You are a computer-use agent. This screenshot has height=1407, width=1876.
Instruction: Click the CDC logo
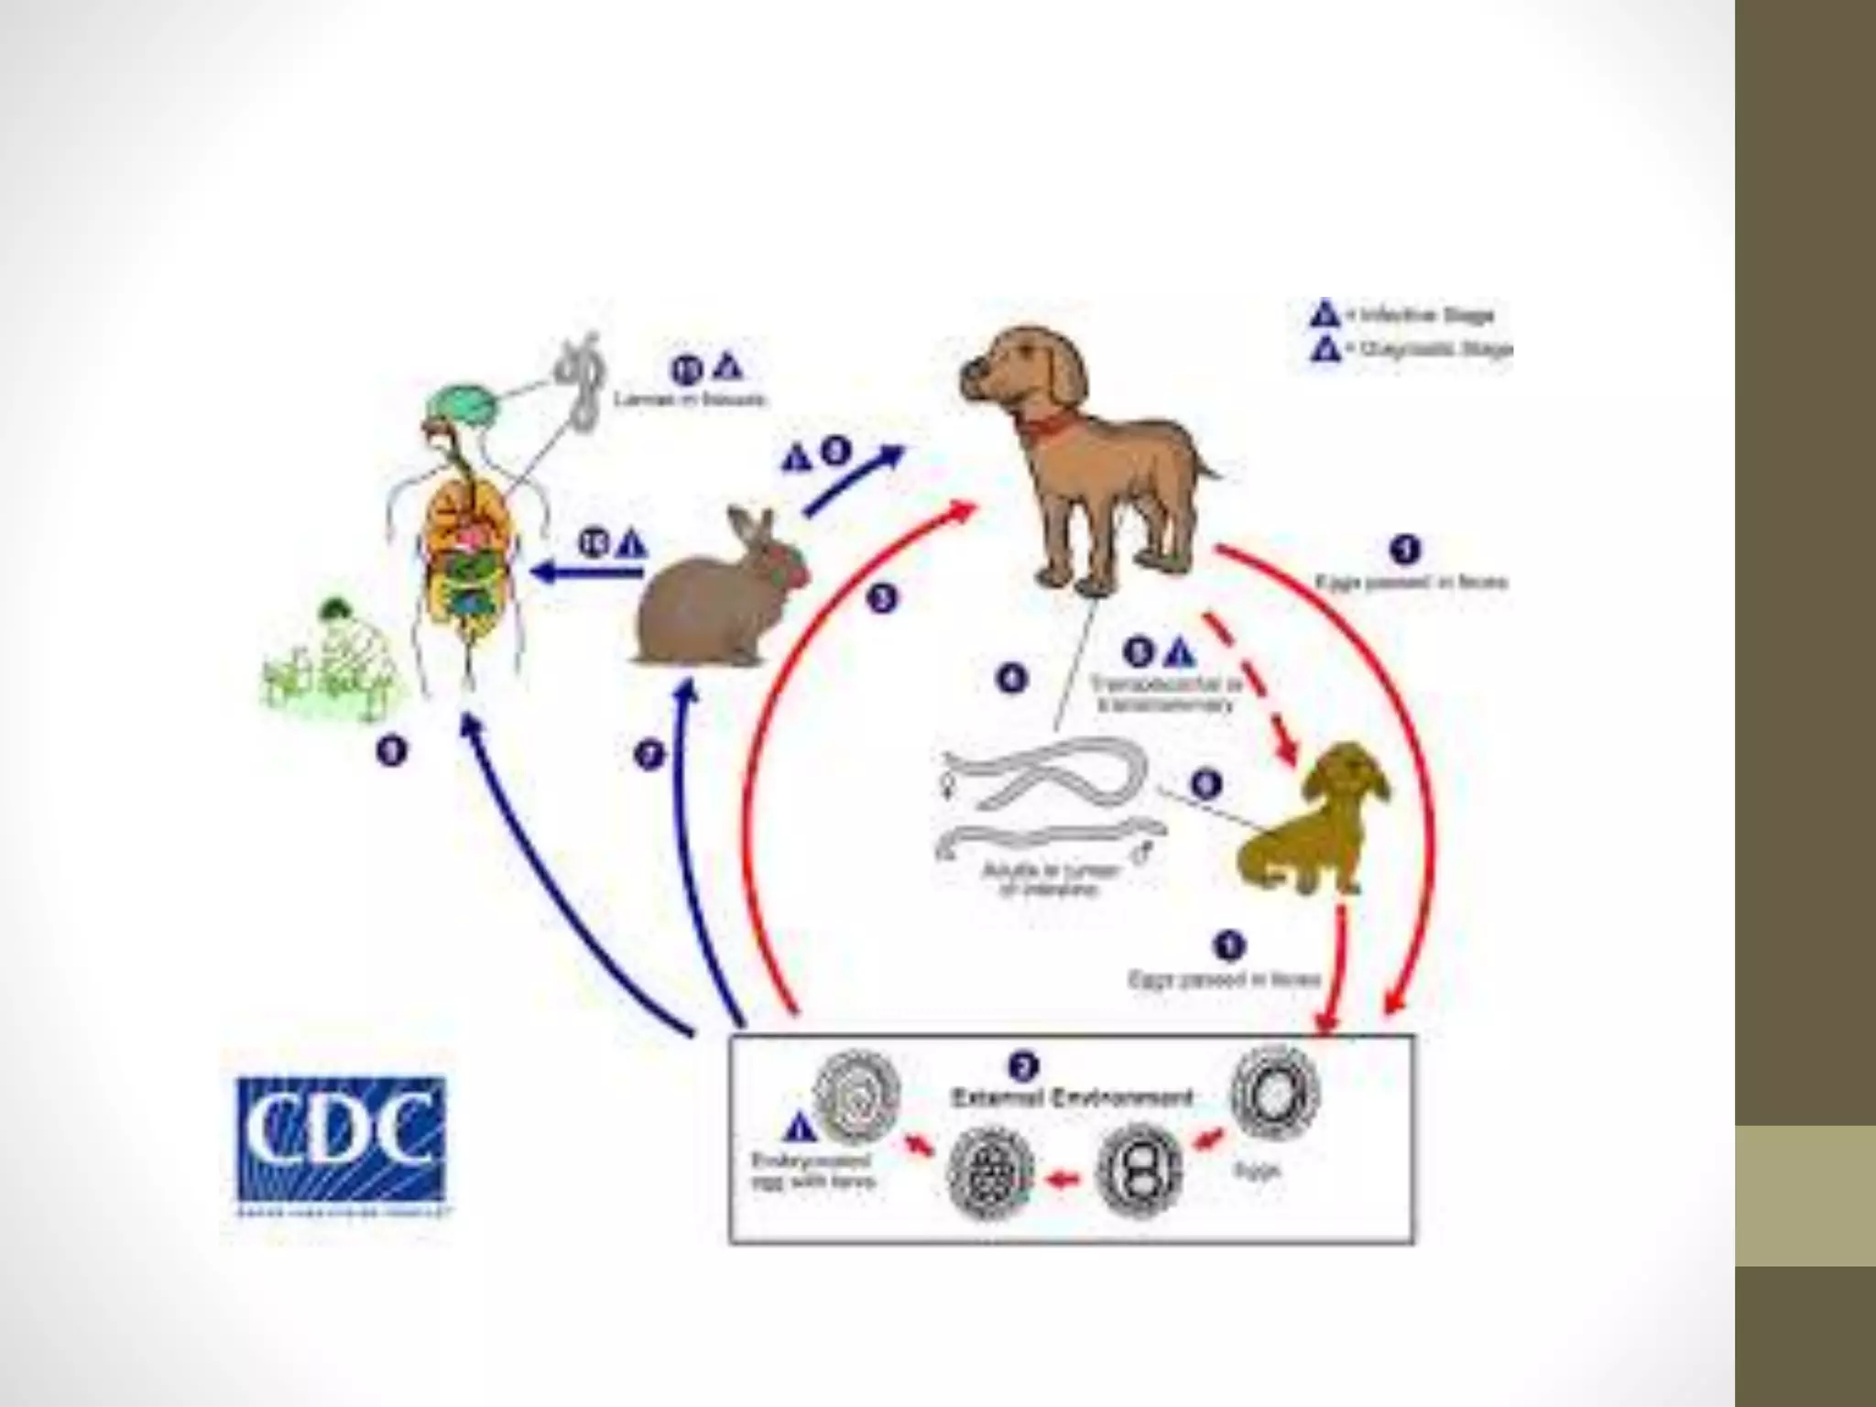click(341, 1140)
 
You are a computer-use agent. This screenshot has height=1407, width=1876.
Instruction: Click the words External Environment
click(1072, 1097)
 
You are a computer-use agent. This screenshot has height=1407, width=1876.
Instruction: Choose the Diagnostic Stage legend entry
click(1411, 349)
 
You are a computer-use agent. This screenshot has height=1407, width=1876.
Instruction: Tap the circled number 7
click(649, 757)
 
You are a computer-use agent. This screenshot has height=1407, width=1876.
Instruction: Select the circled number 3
click(881, 600)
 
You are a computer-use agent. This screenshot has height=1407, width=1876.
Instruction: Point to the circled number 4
click(1011, 680)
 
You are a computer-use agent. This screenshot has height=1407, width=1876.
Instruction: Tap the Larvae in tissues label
click(689, 399)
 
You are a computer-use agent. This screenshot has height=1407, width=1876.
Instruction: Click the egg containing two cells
click(1139, 1172)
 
